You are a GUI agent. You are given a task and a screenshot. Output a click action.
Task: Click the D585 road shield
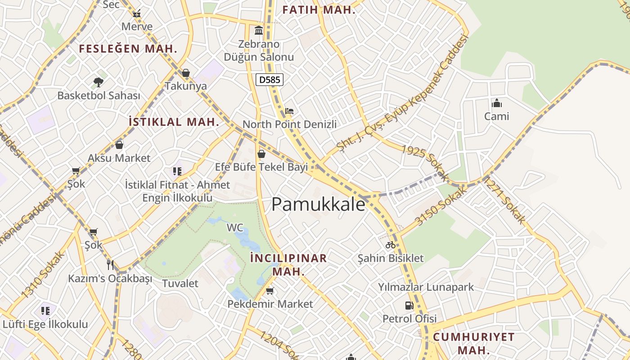270,80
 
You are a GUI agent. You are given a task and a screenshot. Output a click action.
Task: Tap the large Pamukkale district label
319,204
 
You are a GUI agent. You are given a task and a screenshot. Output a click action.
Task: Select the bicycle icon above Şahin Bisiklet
391,245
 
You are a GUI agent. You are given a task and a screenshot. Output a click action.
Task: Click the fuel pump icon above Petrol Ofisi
409,306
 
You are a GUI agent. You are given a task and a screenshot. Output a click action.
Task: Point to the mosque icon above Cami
497,103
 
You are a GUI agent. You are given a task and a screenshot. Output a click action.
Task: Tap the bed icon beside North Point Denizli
289,111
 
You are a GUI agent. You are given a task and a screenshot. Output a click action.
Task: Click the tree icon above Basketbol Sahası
99,82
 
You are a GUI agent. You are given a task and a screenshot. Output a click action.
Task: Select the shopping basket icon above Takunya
186,73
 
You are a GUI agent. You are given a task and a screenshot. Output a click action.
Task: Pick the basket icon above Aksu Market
119,145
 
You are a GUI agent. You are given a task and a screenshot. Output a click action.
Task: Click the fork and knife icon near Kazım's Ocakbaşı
110,264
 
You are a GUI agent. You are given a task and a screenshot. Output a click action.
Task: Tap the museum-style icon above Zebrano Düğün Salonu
259,31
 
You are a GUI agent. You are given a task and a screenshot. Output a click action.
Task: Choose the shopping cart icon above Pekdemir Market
270,291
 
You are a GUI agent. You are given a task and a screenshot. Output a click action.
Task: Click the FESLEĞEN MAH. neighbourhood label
128,49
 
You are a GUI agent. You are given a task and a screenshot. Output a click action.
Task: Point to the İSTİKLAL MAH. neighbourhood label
174,121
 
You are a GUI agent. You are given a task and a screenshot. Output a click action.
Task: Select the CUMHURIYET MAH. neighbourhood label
473,343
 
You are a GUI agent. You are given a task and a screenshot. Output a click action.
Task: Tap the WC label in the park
235,228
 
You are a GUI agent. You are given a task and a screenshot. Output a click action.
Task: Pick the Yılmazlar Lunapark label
426,287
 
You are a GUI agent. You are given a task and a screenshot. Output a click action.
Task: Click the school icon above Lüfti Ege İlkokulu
45,310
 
